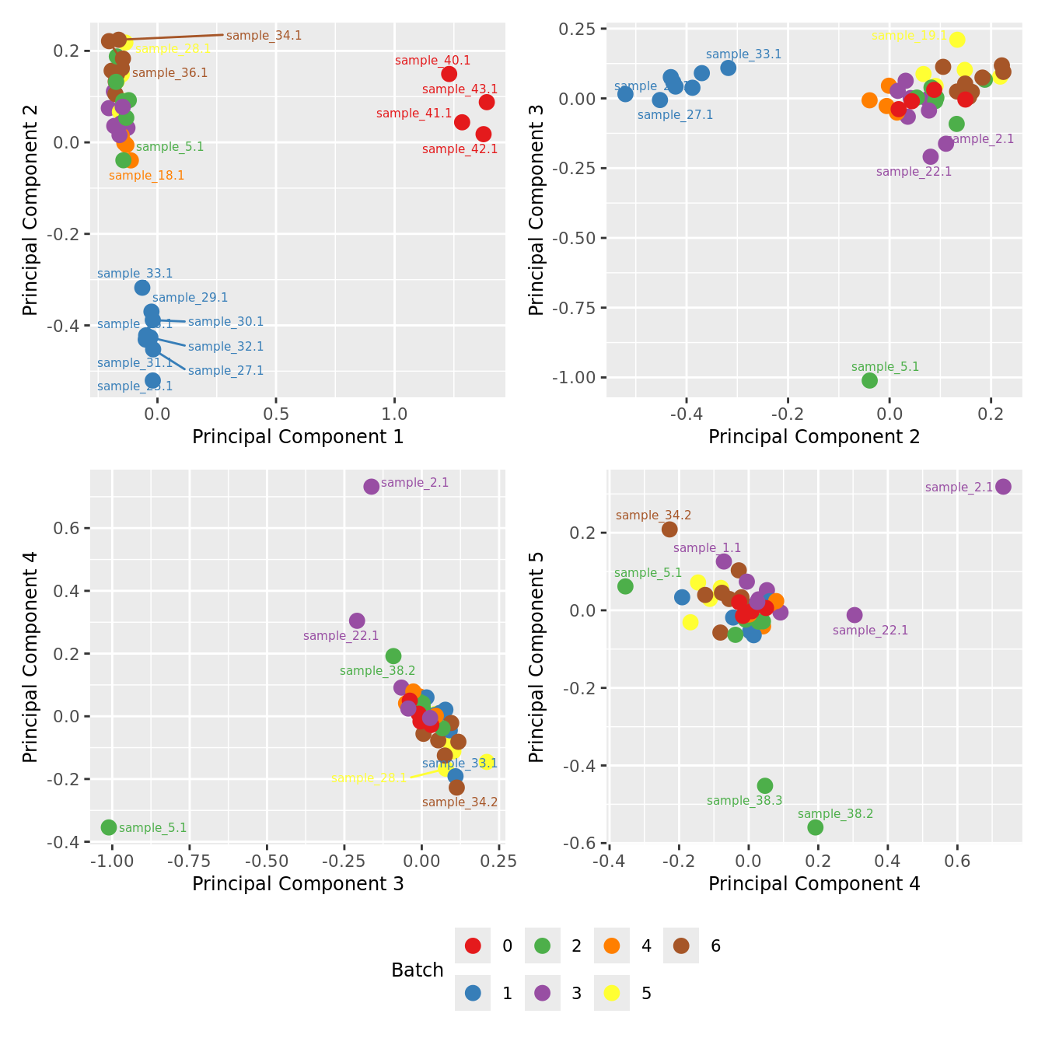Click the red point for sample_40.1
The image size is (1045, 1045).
(x=449, y=74)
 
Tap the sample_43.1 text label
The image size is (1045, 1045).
(x=460, y=89)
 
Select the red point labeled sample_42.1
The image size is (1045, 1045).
(x=483, y=135)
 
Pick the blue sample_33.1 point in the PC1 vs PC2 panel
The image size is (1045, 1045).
(x=142, y=288)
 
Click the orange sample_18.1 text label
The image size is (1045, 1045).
(x=146, y=176)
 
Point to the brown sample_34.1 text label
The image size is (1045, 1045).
(x=264, y=36)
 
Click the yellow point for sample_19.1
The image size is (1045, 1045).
(x=957, y=40)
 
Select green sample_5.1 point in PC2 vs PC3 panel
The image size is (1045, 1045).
(x=869, y=380)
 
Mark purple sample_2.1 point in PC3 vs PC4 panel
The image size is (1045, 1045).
(x=372, y=487)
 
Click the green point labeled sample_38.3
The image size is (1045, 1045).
(x=765, y=786)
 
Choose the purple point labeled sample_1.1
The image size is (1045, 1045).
(x=724, y=561)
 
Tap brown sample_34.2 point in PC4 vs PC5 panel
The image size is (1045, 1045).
(x=669, y=529)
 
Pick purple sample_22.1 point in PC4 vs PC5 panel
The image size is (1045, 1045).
(x=855, y=615)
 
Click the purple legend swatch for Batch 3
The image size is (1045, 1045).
(x=543, y=993)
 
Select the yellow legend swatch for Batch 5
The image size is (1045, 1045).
(x=612, y=993)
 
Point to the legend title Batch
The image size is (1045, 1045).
(x=418, y=970)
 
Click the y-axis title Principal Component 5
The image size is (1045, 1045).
(x=536, y=657)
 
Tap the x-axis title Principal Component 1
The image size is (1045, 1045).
(x=298, y=437)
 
